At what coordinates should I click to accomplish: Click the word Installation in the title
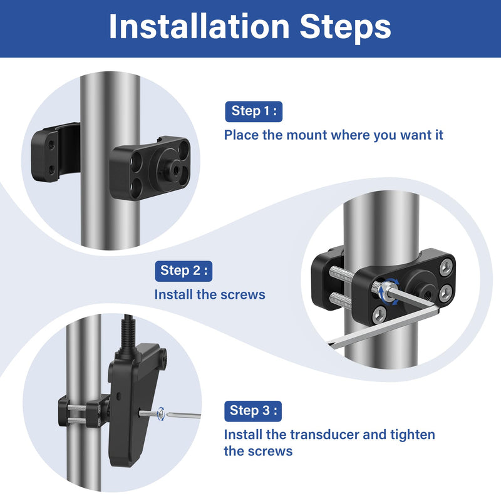pos(199,26)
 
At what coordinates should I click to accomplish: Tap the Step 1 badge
pos(254,111)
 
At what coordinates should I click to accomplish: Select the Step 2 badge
pos(183,271)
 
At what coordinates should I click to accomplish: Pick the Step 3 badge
pos(253,411)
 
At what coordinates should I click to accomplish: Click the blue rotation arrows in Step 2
pos(389,291)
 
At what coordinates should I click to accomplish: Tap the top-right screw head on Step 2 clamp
pos(446,267)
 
